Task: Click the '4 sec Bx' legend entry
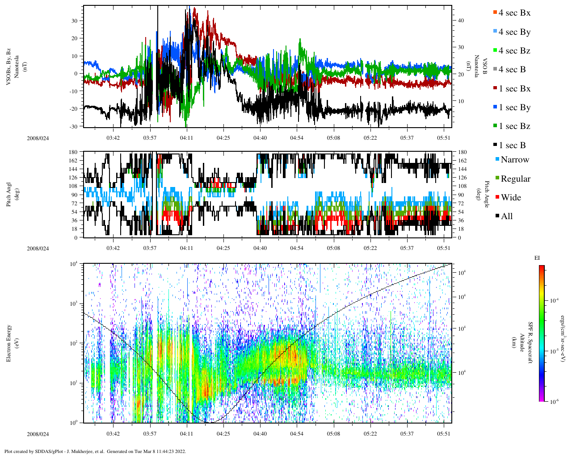pos(514,13)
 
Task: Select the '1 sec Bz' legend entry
pos(514,126)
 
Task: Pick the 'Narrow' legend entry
pos(515,160)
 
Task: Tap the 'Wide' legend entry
pos(511,198)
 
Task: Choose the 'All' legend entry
pos(507,216)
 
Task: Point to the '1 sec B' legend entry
pos(512,145)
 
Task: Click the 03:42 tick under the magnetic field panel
pos(113,138)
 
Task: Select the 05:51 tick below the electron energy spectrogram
pos(444,434)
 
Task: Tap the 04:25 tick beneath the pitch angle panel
pos(223,248)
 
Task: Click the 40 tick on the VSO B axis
pos(460,21)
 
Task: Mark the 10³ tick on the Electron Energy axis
pos(74,303)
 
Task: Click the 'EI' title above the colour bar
pos(537,258)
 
